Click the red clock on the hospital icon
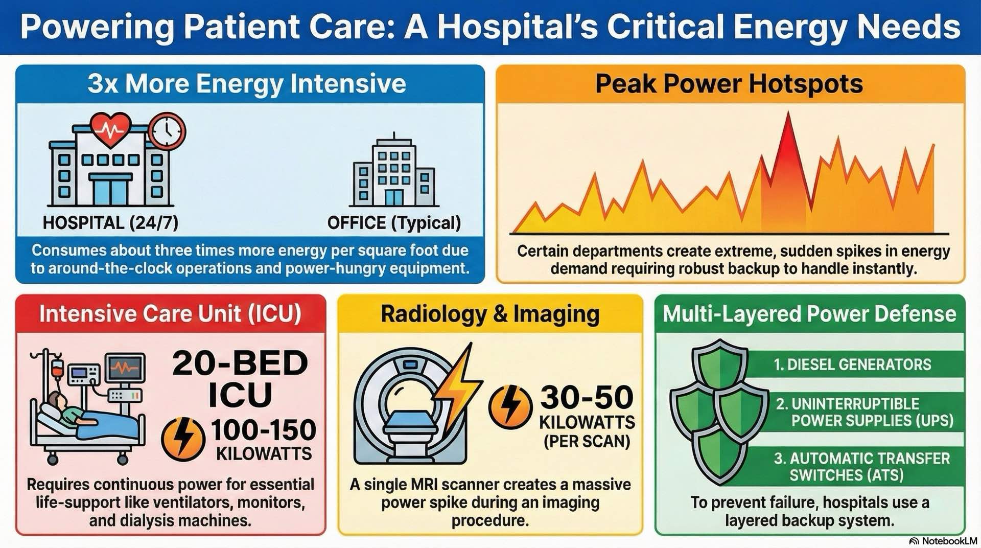point(167,131)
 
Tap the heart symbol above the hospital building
point(111,128)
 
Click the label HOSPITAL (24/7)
point(110,223)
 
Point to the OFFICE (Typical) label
point(394,223)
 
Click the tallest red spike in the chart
point(788,133)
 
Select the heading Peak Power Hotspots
point(729,83)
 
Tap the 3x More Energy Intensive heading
point(247,83)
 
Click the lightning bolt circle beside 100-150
point(183,439)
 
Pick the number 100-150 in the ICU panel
point(264,430)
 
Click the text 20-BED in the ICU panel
point(240,363)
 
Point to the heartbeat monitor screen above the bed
point(125,368)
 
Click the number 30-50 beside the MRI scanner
point(587,397)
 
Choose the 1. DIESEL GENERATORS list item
point(852,364)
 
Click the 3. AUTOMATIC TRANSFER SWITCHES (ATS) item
point(861,466)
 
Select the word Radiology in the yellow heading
point(433,314)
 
